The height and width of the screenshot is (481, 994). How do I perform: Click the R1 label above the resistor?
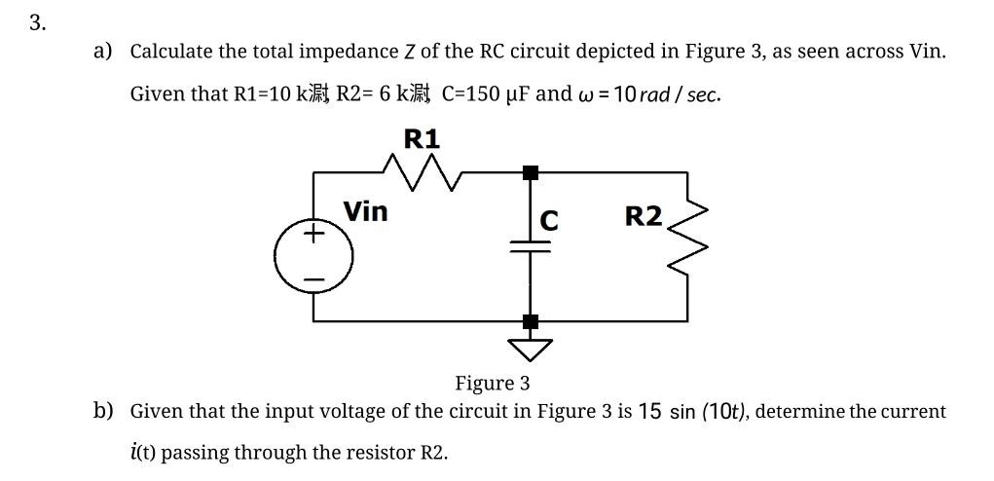tap(421, 139)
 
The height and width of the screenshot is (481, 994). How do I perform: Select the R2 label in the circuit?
tap(643, 216)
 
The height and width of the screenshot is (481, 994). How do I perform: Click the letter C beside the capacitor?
tap(549, 222)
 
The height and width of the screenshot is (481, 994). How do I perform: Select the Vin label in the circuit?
tap(365, 211)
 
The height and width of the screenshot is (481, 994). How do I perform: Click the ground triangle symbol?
tap(530, 346)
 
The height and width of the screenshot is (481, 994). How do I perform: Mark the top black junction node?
tap(530, 173)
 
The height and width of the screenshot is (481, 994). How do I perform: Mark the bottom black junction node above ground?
tap(530, 320)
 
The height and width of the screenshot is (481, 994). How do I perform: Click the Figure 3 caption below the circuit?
tap(492, 383)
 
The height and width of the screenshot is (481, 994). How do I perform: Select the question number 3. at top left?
tap(37, 23)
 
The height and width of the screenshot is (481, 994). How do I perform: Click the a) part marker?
tap(103, 51)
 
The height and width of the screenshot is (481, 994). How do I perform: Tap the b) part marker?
tap(103, 411)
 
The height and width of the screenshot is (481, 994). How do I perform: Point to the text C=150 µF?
tap(486, 94)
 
